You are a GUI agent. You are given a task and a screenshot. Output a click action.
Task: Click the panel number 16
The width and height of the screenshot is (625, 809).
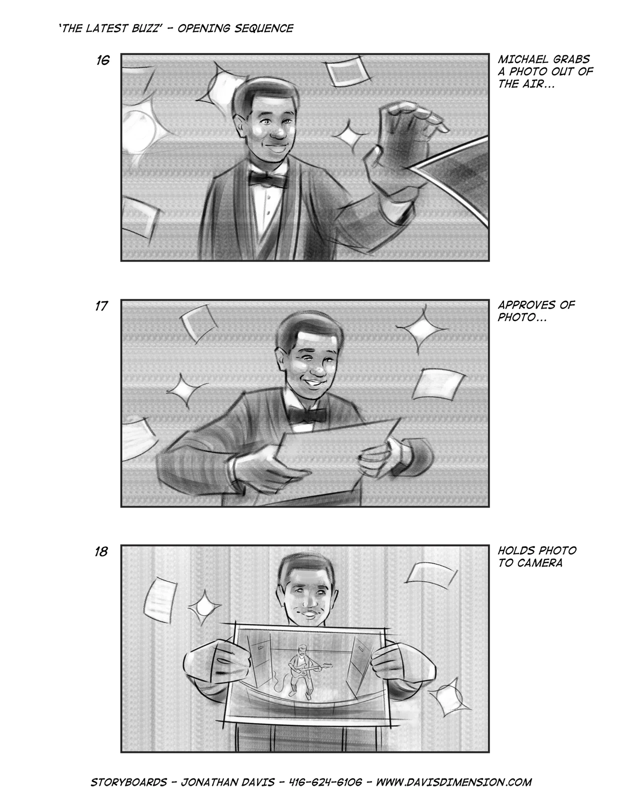[x=102, y=60]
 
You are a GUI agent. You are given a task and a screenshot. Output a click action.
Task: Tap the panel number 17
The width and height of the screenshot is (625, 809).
[x=101, y=306]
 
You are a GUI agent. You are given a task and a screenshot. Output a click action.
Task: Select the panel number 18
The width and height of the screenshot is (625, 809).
[x=101, y=551]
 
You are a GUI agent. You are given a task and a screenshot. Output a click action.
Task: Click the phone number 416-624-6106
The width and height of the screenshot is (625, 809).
[x=325, y=782]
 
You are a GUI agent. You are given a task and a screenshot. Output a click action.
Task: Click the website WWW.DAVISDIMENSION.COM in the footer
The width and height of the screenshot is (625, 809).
[x=454, y=782]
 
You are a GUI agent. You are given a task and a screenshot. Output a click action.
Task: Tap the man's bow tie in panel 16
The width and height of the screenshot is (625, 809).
[x=268, y=179]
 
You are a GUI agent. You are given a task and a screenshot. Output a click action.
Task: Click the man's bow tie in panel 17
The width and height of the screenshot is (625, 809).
[x=307, y=414]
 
